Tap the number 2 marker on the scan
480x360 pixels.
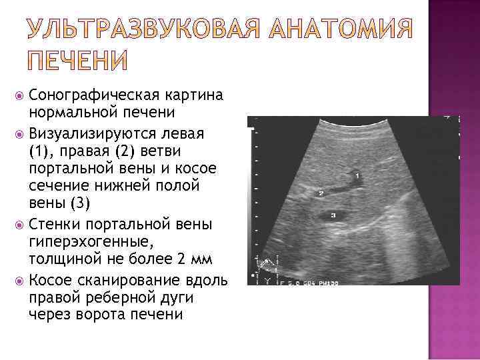click(321, 193)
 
